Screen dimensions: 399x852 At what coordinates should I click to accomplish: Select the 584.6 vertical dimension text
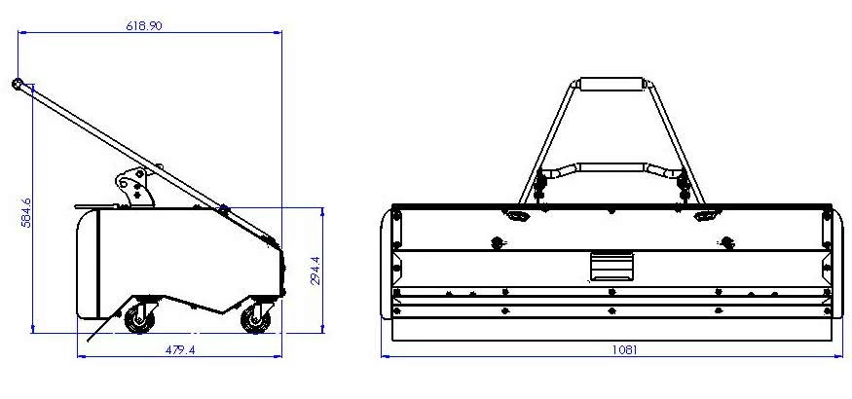(27, 212)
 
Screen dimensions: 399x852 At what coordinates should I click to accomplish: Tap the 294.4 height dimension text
(314, 270)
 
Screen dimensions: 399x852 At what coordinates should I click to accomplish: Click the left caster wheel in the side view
(139, 317)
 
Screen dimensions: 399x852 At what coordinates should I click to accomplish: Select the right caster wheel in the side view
(257, 317)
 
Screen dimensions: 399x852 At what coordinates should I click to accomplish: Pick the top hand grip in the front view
(611, 84)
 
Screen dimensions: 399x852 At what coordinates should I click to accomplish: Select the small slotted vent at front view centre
(611, 265)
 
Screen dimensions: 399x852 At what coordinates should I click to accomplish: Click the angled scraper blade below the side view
(98, 330)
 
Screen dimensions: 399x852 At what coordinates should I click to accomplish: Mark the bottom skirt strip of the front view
(611, 330)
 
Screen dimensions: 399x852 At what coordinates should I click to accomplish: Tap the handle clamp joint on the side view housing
(225, 209)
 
